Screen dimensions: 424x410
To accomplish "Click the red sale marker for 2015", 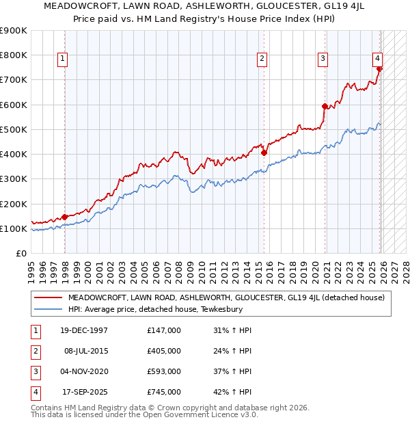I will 264,153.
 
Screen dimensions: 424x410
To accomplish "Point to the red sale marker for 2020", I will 325,106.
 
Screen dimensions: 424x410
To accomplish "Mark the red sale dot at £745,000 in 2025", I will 380,68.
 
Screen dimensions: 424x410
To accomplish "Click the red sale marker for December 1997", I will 65,217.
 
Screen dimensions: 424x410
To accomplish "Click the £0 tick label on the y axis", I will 22,253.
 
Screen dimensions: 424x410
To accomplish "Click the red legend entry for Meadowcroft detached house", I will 225,297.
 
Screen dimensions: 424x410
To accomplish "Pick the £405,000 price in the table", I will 163,351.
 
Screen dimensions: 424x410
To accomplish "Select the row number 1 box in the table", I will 33,330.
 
